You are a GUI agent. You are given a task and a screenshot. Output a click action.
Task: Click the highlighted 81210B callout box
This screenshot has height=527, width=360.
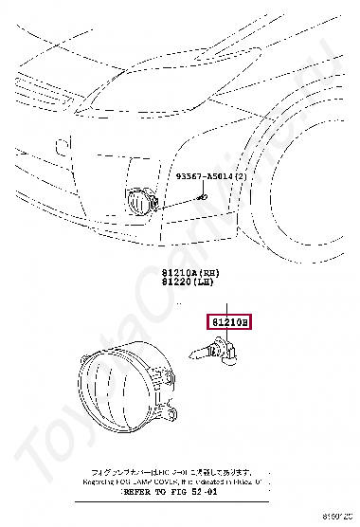click(x=228, y=323)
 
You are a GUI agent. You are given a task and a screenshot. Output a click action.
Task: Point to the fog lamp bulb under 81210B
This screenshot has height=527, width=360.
click(x=212, y=349)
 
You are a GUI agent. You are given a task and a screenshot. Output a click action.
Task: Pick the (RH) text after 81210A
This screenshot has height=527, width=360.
click(x=201, y=270)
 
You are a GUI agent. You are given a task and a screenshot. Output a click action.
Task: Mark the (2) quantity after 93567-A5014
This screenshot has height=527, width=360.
click(x=241, y=177)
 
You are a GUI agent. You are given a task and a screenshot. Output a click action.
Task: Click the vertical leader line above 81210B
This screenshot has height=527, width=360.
click(x=227, y=304)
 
